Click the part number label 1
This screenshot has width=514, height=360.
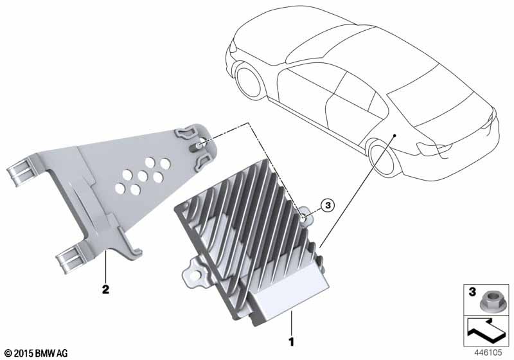point(291,342)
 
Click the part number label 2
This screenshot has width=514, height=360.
point(105,289)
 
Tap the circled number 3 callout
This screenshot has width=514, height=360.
point(327,206)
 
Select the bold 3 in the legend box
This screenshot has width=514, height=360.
point(472,292)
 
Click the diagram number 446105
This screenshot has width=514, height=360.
point(488,353)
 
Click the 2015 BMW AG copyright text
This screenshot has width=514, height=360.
point(37,353)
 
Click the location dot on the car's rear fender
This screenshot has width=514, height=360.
point(395,135)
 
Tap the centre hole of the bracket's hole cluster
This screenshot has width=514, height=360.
point(142,176)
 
